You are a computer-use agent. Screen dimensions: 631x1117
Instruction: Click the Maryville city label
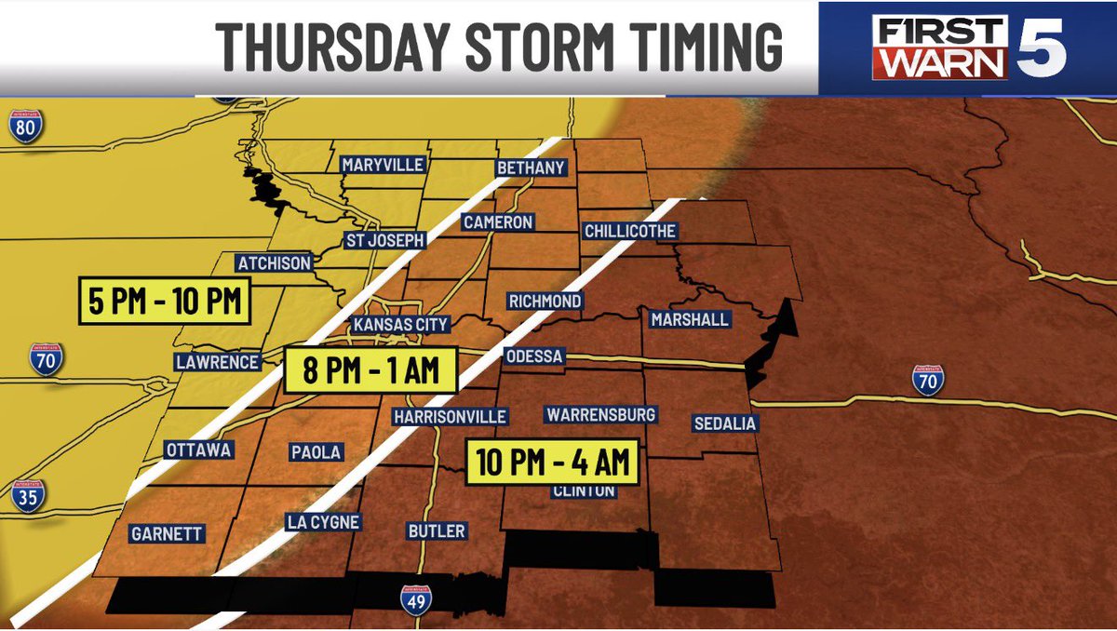point(383,165)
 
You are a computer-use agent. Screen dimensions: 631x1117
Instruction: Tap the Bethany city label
point(531,168)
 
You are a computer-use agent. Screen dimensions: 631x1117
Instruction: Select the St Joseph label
point(384,239)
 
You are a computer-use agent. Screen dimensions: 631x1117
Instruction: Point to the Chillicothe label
point(630,231)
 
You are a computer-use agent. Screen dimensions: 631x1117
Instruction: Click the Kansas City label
point(400,325)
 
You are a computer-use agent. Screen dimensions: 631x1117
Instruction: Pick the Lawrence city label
point(216,361)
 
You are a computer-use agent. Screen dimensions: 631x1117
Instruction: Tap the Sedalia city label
point(726,423)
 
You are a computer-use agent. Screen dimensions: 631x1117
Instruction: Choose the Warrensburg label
point(601,414)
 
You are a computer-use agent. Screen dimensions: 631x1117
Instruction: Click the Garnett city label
point(168,534)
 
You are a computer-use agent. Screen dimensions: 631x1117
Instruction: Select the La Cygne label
point(322,522)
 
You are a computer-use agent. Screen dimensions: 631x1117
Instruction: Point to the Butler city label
point(437,530)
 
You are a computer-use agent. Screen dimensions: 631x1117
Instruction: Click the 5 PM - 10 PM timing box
point(165,302)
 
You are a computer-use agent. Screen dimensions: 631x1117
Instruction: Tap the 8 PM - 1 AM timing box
point(370,369)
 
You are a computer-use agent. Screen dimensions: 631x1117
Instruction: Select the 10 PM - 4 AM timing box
point(553,462)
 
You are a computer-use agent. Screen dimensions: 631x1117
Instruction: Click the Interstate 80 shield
point(26,126)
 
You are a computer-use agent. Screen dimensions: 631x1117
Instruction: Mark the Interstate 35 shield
point(28,497)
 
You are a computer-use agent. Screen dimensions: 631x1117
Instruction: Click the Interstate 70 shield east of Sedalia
point(927,380)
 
